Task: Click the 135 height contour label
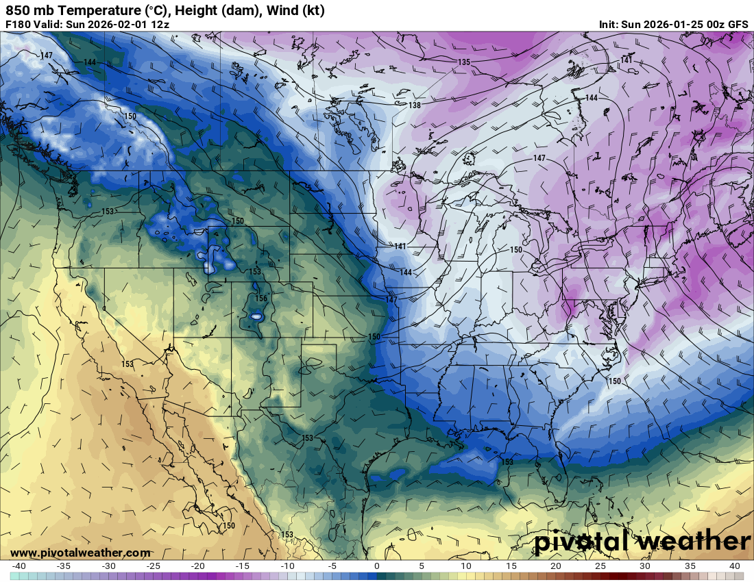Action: pos(464,62)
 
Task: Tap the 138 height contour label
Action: pos(415,105)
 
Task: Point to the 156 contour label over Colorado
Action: pos(260,299)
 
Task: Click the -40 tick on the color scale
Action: pos(19,566)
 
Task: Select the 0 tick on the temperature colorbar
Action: pos(376,566)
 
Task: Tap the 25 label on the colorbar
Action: pos(600,566)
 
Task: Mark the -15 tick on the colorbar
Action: pos(243,566)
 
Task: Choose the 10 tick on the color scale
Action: pos(465,566)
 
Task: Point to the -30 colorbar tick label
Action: pos(108,566)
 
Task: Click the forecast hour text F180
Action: pos(19,24)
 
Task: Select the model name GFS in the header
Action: pos(738,24)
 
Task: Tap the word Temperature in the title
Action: pos(91,10)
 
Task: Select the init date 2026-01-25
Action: pos(674,24)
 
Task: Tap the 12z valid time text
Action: pos(160,24)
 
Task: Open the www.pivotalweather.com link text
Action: pos(80,553)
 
